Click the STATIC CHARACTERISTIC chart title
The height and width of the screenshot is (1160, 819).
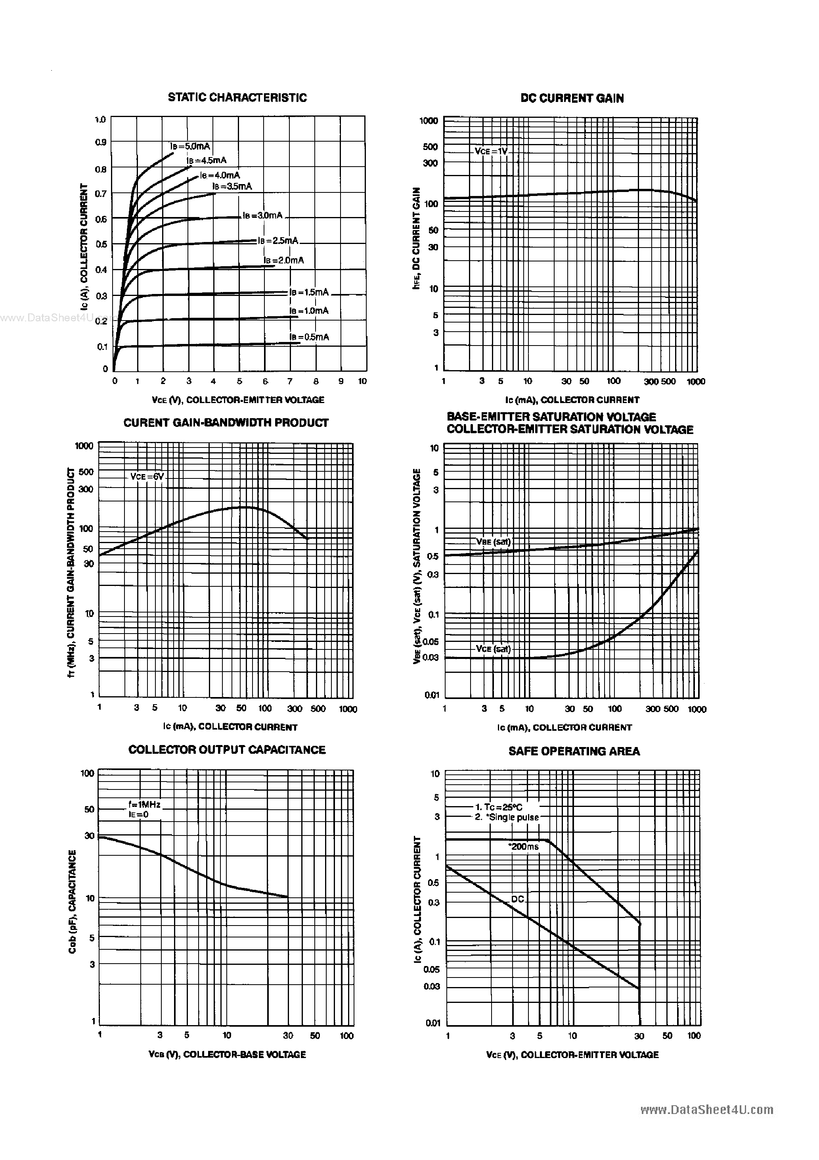click(x=237, y=98)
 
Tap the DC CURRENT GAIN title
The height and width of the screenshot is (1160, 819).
click(x=572, y=98)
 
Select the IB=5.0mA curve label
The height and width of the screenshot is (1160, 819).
click(x=190, y=146)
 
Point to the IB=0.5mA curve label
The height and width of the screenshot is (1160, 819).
click(x=309, y=337)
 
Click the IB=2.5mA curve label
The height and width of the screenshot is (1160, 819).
click(x=278, y=240)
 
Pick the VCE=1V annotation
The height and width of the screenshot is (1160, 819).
click(x=491, y=151)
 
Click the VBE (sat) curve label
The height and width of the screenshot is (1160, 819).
click(x=493, y=542)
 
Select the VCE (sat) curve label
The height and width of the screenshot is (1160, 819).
click(x=493, y=649)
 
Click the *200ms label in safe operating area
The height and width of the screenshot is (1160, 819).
click(x=523, y=847)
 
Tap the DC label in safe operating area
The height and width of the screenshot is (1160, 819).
click(x=518, y=899)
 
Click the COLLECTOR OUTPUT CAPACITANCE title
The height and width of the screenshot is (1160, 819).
click(x=227, y=750)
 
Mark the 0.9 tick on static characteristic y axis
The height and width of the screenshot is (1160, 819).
click(x=100, y=142)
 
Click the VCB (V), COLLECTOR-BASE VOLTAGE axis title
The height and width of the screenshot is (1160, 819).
click(x=227, y=1054)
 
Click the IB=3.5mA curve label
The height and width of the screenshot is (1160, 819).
click(x=232, y=186)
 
